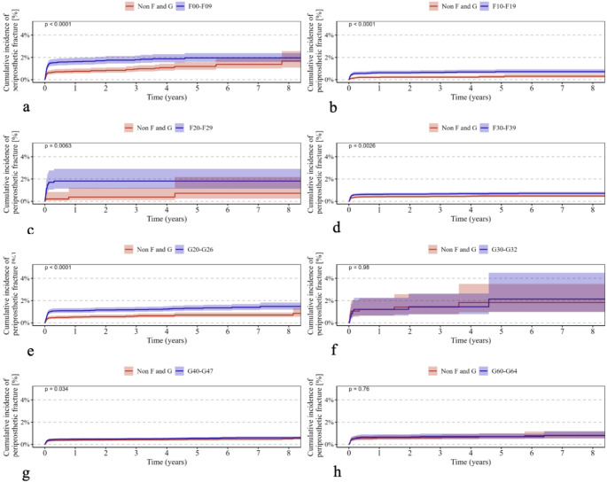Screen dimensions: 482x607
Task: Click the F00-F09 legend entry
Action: click(x=194, y=6)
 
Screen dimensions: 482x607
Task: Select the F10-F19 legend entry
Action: click(x=500, y=6)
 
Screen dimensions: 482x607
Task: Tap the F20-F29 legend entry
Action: click(x=194, y=128)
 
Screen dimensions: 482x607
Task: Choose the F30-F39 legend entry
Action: click(x=500, y=128)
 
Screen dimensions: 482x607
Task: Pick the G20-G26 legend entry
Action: click(x=194, y=249)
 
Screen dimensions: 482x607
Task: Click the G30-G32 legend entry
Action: click(x=500, y=249)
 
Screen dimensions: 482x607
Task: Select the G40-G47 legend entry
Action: click(x=194, y=370)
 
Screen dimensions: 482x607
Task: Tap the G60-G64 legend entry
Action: click(x=500, y=370)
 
